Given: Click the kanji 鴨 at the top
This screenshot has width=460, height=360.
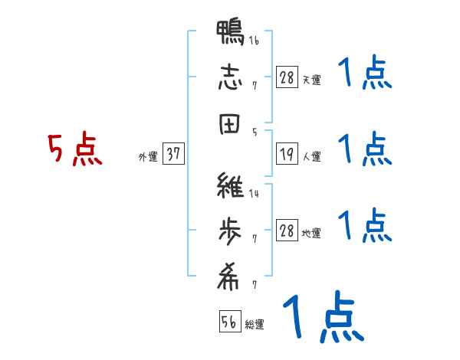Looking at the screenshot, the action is (230, 34).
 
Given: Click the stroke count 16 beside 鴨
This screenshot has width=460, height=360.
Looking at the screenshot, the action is (253, 40).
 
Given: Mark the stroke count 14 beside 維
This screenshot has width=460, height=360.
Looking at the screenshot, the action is (254, 194).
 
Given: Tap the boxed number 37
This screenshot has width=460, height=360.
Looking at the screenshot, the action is (173, 154).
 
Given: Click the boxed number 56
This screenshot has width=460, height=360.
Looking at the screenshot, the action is (229, 322).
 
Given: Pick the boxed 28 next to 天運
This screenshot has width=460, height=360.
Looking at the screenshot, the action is (287, 77).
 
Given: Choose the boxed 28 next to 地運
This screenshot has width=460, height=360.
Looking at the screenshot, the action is (287, 231).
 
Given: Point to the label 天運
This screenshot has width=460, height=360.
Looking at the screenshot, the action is (311, 80).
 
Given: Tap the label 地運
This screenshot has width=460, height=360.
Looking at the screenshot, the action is (311, 233).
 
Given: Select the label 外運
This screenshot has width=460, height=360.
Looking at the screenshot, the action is (147, 156).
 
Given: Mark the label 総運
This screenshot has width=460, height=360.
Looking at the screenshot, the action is (255, 324).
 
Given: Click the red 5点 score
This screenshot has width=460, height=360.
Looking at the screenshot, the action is (74, 150).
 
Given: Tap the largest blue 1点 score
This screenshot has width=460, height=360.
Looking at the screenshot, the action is (322, 316).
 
